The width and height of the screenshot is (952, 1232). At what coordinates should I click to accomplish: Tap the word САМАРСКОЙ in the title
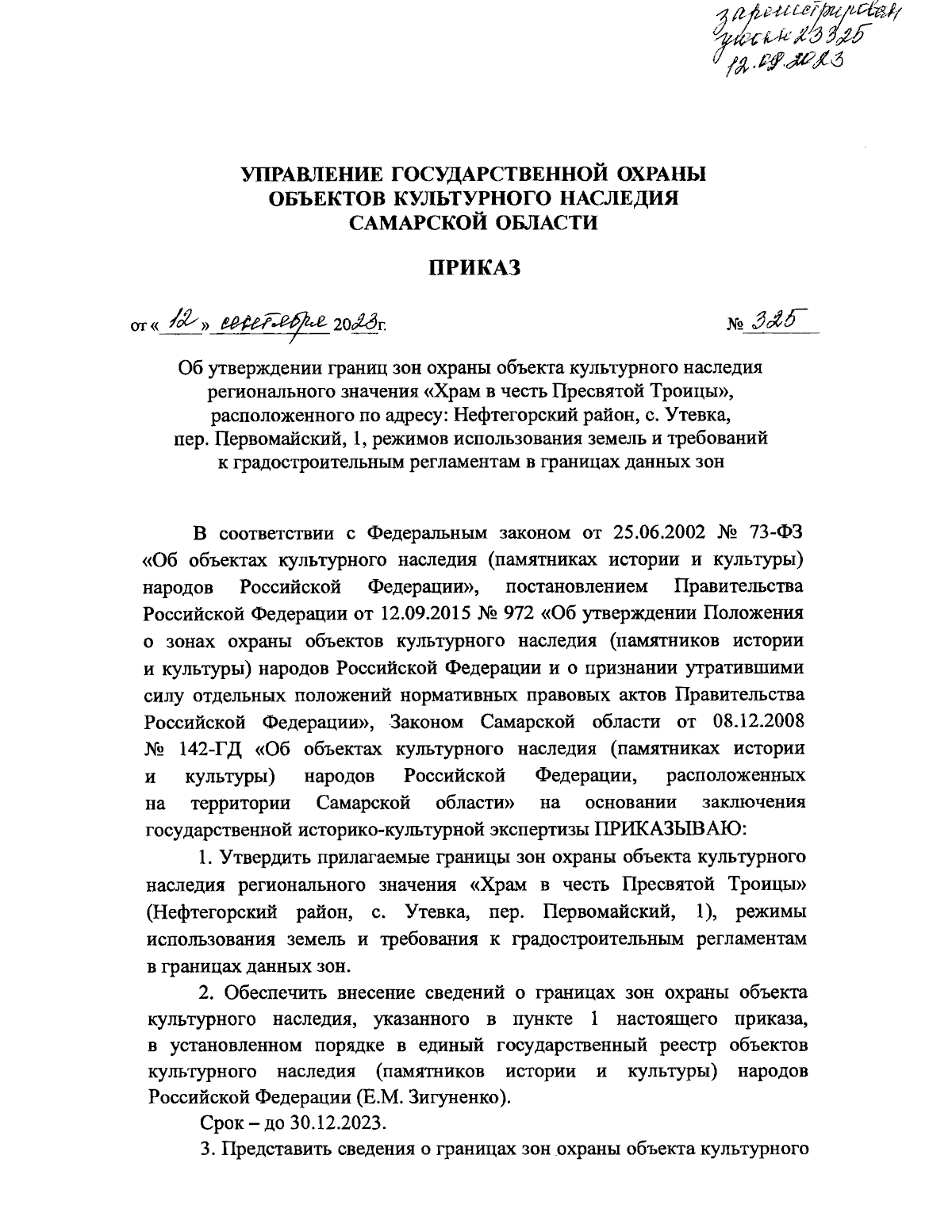pyautogui.click(x=416, y=223)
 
